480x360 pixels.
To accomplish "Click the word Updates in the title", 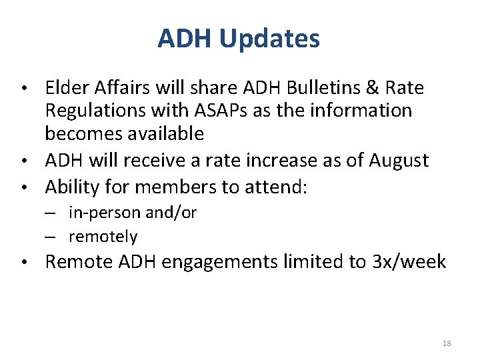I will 269,39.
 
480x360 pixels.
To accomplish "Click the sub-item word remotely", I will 103,237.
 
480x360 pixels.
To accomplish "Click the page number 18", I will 446,343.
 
